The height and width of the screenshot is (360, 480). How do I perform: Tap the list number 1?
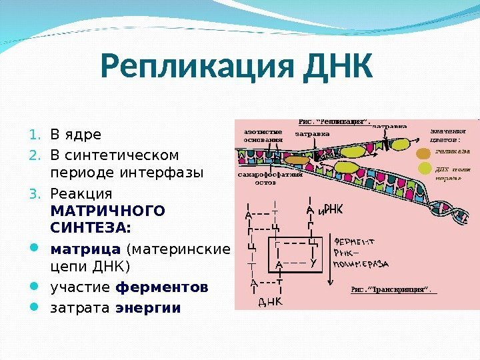point(36,135)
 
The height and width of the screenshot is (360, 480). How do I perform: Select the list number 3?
point(36,193)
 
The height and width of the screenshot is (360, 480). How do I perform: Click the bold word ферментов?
point(162,288)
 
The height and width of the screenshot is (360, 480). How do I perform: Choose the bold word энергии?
point(148,308)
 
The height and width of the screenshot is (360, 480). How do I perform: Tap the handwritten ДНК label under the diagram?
point(270,301)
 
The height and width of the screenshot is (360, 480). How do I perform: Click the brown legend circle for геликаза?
point(424,152)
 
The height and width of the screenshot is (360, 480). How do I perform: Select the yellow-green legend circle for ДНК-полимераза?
point(424,169)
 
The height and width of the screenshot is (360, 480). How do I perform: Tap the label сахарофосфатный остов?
point(270,178)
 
